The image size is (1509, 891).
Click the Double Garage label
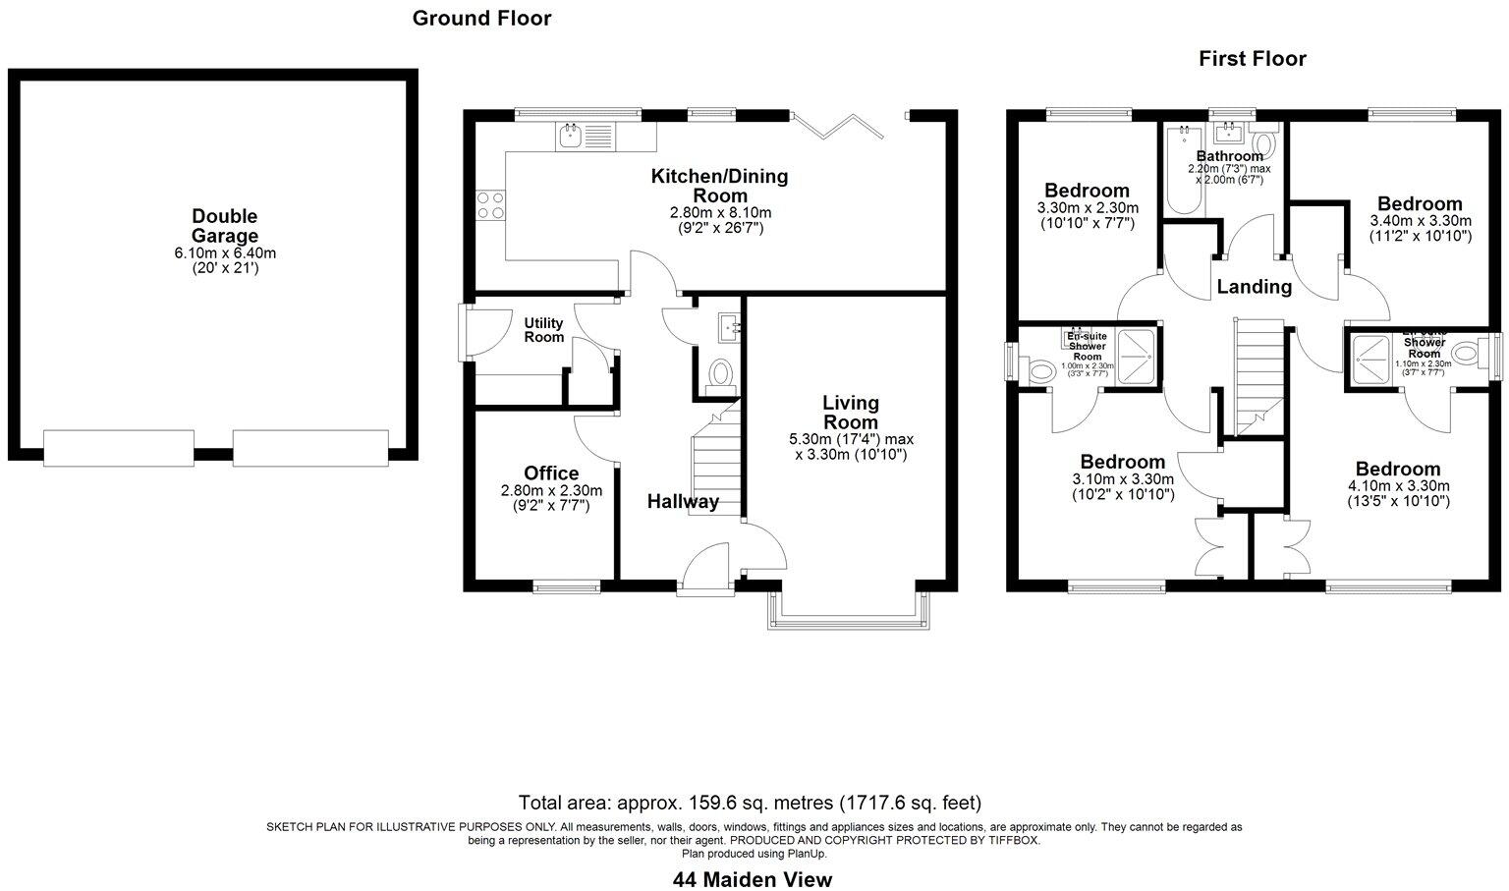click(x=224, y=226)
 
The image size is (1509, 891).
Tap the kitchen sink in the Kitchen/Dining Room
click(x=570, y=137)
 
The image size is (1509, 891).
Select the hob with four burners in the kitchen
click(x=490, y=204)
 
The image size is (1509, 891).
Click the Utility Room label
click(x=543, y=330)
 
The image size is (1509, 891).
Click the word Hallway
click(x=683, y=502)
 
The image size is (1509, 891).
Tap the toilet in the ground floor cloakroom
click(x=722, y=374)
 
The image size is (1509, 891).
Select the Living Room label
click(x=851, y=413)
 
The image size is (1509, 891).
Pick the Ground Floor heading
click(x=481, y=18)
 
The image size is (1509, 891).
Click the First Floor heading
click(x=1252, y=59)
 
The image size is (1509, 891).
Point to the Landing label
click(x=1254, y=287)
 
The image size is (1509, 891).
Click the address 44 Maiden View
click(x=753, y=879)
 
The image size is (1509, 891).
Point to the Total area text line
click(x=750, y=803)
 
